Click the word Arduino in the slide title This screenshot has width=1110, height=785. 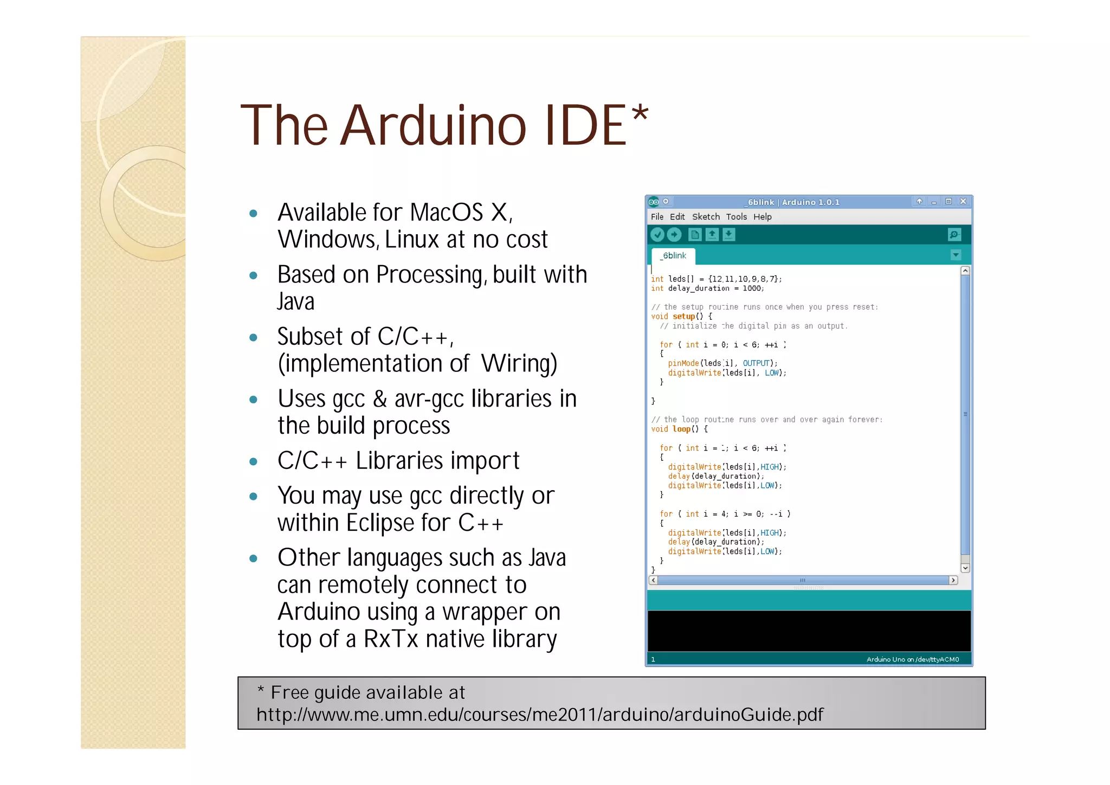click(434, 126)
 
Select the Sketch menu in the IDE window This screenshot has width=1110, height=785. click(706, 217)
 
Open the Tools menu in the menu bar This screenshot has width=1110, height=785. click(736, 217)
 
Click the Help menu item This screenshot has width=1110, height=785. click(762, 217)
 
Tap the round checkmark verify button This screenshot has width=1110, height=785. click(657, 235)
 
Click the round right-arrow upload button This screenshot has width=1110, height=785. click(674, 235)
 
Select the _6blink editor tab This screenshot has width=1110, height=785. click(674, 256)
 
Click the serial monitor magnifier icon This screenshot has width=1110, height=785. click(954, 235)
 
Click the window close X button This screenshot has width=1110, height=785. click(963, 202)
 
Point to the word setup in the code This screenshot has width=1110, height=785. click(683, 317)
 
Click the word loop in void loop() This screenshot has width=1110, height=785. click(681, 429)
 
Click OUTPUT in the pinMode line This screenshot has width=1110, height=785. click(756, 363)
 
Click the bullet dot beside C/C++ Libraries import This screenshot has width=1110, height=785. click(253, 462)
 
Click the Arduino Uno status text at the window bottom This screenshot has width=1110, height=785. click(912, 660)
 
